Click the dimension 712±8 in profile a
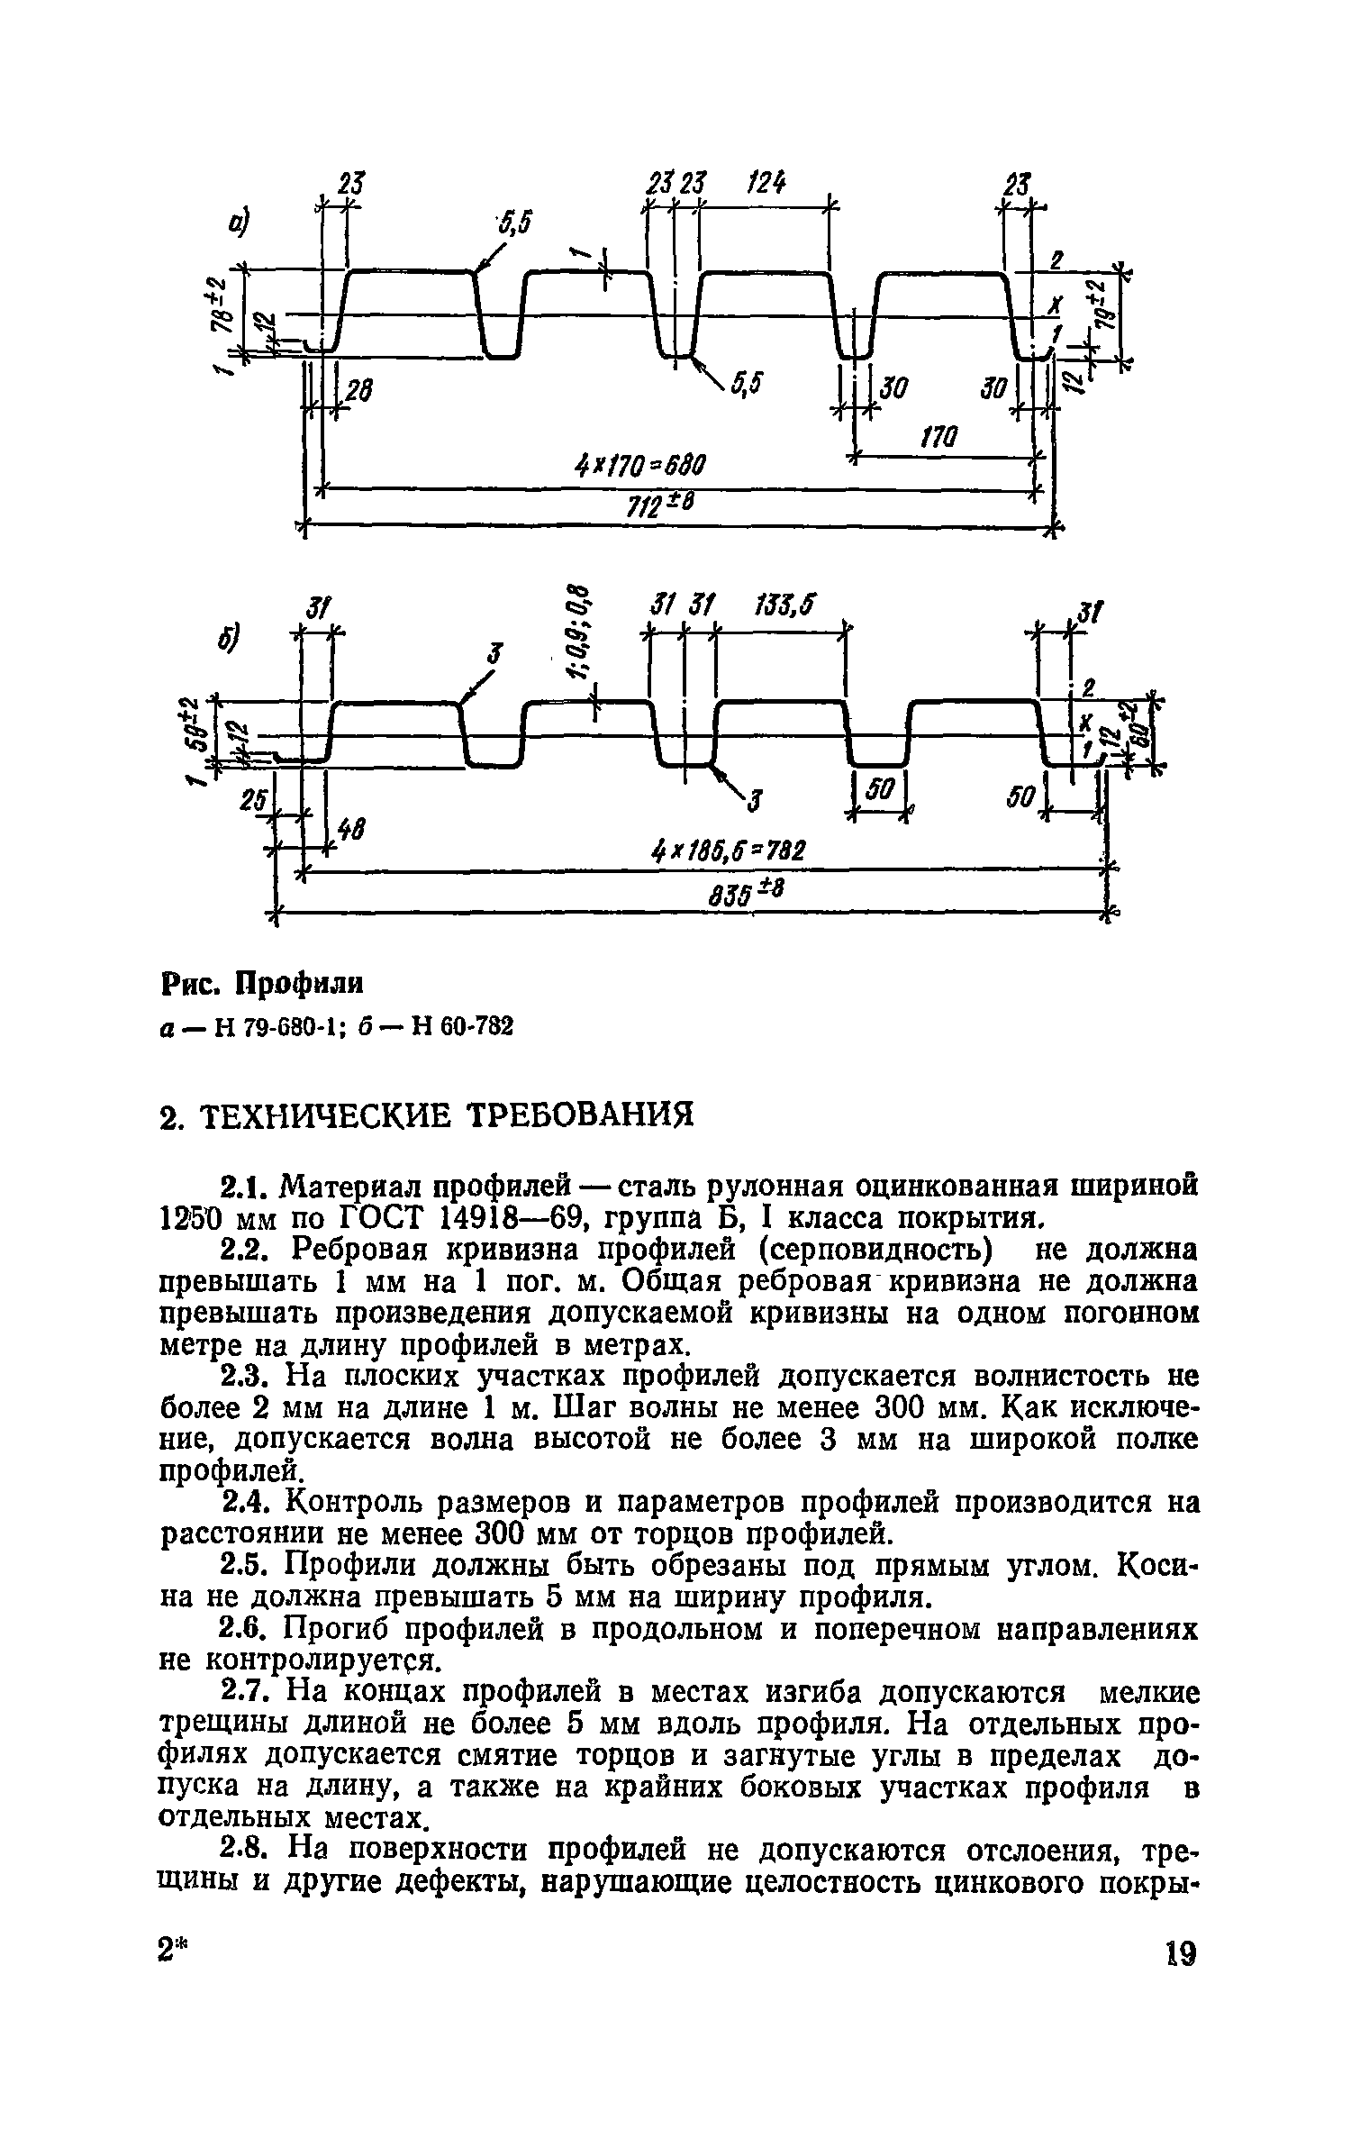coord(661,508)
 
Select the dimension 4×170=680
coord(639,469)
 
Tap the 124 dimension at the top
coord(765,185)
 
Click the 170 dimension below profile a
coord(937,439)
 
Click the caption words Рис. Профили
coord(262,983)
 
